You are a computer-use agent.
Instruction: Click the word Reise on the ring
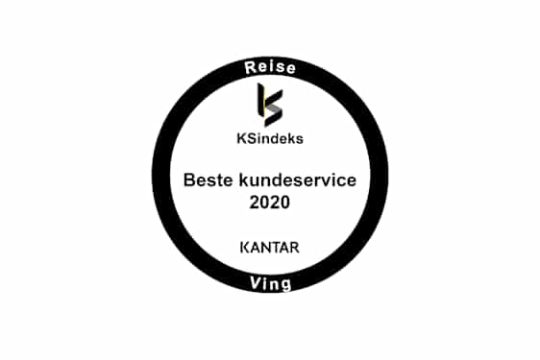coord(269,68)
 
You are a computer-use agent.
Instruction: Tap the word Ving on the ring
coord(269,285)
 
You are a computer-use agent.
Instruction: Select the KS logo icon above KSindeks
coord(269,103)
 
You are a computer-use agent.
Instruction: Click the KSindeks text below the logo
coord(270,136)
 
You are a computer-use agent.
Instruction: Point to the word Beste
coord(206,180)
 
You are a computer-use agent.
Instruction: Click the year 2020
coord(269,203)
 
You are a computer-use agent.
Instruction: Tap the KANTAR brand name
coord(269,247)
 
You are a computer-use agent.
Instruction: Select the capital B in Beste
coord(189,180)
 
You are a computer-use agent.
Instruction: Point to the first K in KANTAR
coord(243,247)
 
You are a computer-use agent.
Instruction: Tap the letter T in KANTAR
coord(276,247)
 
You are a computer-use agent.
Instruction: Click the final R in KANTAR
coord(295,247)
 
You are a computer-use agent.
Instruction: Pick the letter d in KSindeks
coord(277,136)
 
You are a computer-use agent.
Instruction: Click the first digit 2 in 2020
coord(254,203)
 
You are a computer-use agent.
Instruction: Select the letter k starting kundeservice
coord(233,180)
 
